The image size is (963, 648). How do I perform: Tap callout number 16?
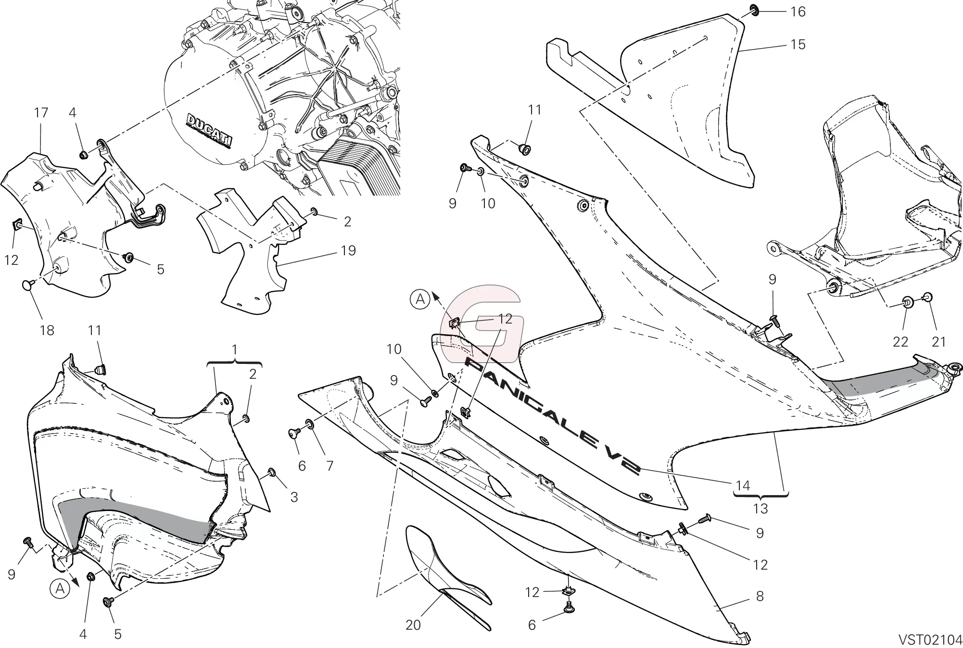pos(798,12)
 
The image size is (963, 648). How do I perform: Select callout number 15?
pos(798,45)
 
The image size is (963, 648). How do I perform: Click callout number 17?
pos(41,113)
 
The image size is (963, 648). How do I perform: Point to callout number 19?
pos(348,250)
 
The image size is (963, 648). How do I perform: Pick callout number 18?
pos(47,330)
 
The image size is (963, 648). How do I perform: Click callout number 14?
pos(743,486)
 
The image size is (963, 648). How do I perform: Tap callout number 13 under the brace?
pos(760,508)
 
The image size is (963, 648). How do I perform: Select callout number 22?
pos(900,342)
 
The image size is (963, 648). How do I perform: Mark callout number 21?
pos(938,342)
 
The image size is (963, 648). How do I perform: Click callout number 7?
pos(329,465)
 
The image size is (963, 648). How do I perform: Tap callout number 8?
pos(760,596)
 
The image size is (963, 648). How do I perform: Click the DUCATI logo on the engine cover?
pos(209,129)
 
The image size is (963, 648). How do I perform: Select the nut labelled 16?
pos(753,10)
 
